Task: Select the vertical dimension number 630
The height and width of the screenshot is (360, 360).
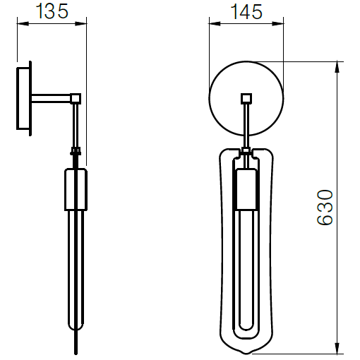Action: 324,207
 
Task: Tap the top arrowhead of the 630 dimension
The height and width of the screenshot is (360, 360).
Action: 339,66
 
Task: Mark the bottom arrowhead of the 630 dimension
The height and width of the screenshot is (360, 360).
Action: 339,347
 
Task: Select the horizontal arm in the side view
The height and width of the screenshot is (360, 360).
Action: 51,97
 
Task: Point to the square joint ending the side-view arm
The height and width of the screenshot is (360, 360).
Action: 76,98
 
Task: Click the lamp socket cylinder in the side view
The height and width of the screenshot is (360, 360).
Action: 76,189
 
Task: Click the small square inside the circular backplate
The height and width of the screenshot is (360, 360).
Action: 246,98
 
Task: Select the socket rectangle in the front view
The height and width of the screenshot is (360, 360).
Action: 246,190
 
